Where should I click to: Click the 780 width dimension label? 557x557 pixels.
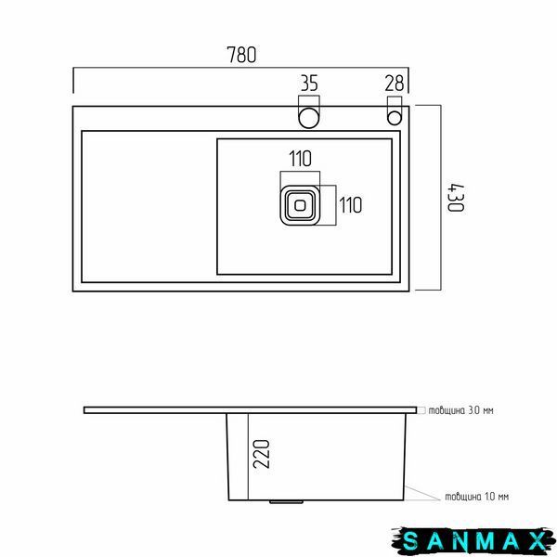(241, 55)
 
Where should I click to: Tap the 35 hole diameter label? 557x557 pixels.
(309, 84)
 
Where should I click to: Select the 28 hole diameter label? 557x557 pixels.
(395, 84)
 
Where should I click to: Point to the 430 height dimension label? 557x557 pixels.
(456, 198)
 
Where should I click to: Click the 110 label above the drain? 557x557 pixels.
(301, 159)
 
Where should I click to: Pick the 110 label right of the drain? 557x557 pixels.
(351, 205)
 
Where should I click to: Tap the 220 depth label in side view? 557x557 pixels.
(262, 454)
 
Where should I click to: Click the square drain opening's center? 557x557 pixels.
(300, 205)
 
